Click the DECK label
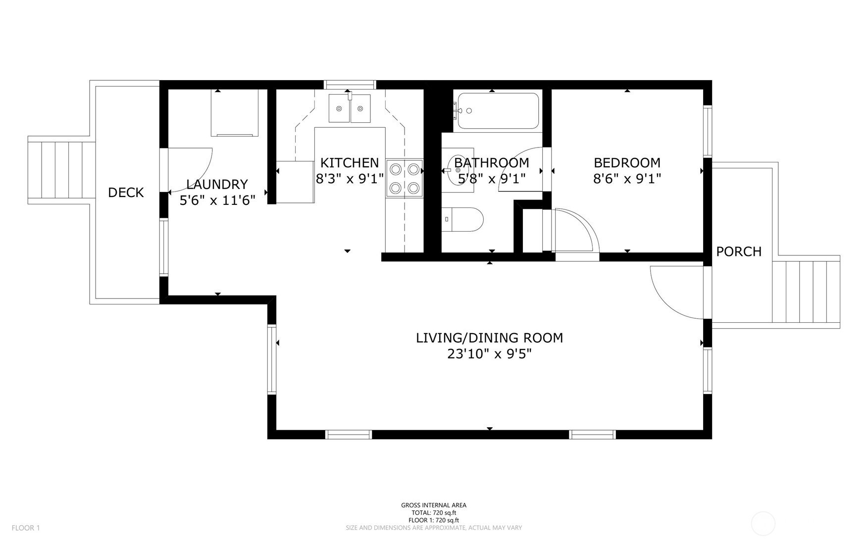126,193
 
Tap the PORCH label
739,251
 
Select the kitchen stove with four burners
405,178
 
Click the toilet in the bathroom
462,219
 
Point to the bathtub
498,111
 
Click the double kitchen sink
350,108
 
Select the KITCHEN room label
350,163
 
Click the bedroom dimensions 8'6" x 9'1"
627,179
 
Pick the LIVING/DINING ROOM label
489,338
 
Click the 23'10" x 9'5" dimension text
489,354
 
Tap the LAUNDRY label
217,185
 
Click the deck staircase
61,170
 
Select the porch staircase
806,292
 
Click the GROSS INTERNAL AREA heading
434,505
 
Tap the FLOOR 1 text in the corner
26,528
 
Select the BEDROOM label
627,163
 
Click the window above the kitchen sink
350,85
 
